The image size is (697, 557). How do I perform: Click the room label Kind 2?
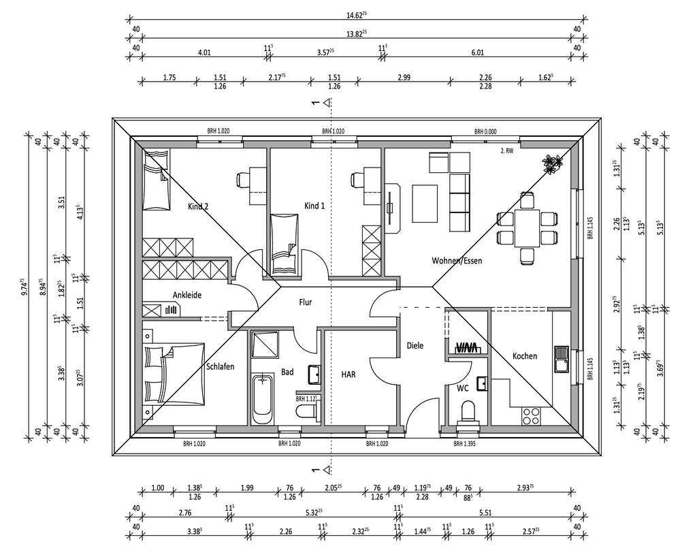point(197,206)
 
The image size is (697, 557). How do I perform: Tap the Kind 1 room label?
point(314,206)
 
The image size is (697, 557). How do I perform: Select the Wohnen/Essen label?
point(457,261)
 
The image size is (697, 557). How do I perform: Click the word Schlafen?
point(220,366)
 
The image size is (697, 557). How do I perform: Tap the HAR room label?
point(348,374)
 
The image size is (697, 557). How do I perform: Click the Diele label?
point(415,346)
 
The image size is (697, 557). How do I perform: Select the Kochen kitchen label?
point(525,356)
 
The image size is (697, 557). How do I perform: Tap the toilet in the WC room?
point(468,412)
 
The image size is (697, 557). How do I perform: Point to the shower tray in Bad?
point(265,345)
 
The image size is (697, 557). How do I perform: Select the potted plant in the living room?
point(553,163)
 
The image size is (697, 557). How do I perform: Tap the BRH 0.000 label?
point(486,131)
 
